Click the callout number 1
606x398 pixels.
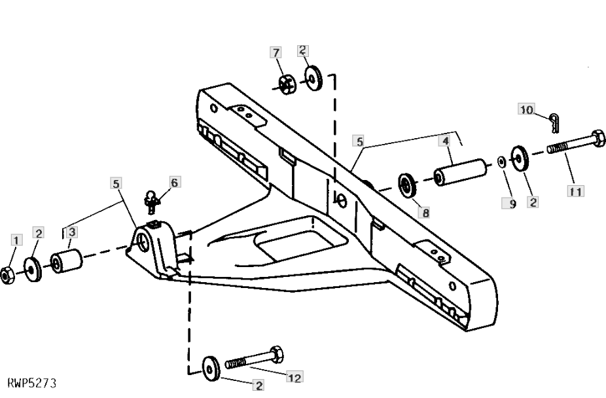click(16, 240)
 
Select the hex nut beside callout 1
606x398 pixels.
click(7, 276)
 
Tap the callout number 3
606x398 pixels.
click(71, 232)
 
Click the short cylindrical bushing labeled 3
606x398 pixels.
click(67, 261)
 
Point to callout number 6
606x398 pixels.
click(175, 182)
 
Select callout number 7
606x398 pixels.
click(276, 52)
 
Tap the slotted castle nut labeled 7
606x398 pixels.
click(287, 84)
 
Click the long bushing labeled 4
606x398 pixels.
click(460, 172)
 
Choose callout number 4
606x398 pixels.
click(446, 140)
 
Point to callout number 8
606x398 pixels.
click(425, 213)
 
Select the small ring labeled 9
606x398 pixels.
click(502, 161)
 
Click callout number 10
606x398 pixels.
click(526, 109)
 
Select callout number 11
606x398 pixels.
click(575, 191)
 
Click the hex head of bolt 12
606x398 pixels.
click(276, 355)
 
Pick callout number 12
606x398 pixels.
click(294, 377)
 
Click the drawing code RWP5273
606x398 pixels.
click(31, 384)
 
